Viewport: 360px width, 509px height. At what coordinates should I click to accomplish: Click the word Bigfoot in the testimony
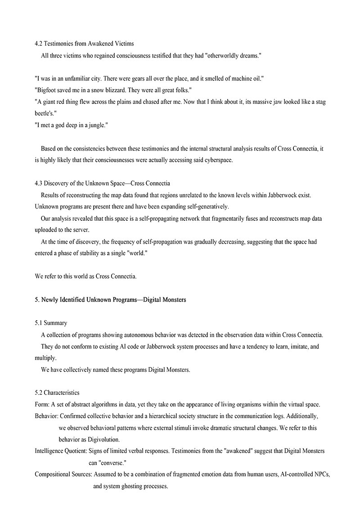click(x=48, y=90)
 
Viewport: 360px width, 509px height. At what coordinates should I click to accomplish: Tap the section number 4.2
click(x=39, y=44)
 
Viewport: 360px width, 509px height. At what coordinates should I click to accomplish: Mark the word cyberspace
click(x=218, y=161)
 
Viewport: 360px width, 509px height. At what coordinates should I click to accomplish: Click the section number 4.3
click(x=39, y=183)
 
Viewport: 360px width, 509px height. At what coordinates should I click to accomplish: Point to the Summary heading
click(x=55, y=323)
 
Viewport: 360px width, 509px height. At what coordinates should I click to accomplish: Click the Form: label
click(x=42, y=405)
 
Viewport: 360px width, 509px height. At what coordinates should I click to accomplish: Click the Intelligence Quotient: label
click(x=61, y=451)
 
